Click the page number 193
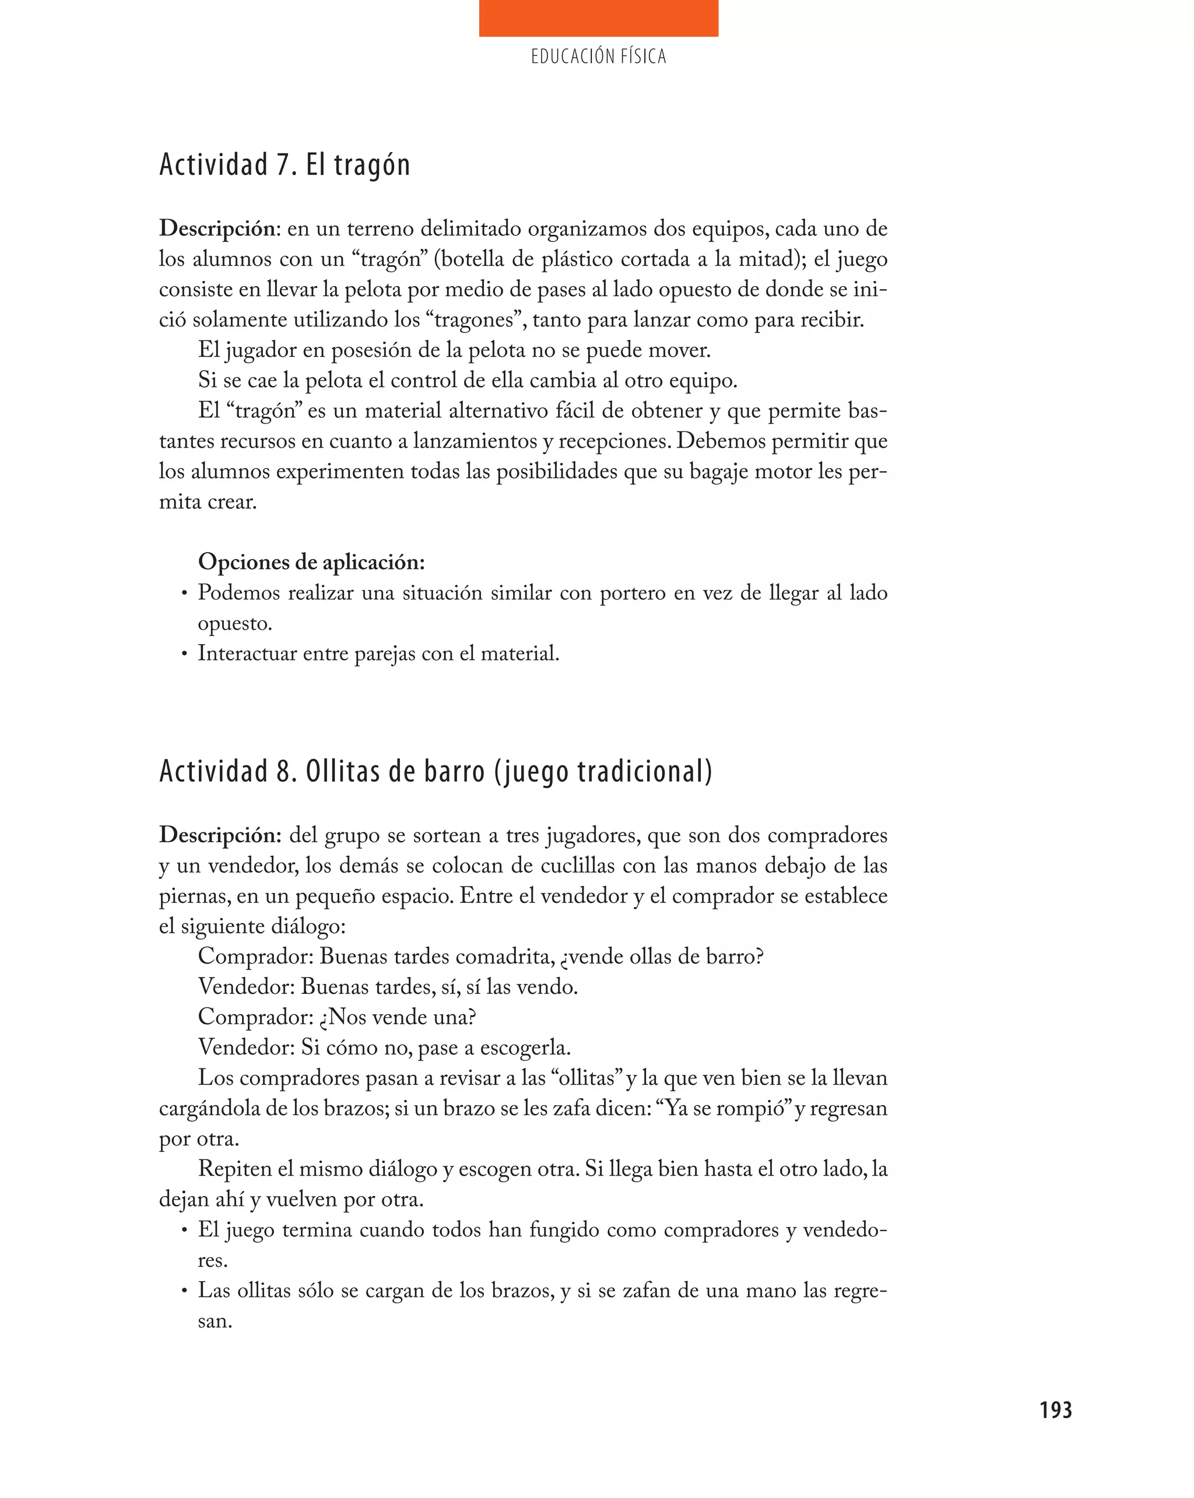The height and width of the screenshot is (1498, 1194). click(1055, 1410)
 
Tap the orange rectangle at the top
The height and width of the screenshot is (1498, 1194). click(598, 18)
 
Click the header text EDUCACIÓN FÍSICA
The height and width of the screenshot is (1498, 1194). click(598, 57)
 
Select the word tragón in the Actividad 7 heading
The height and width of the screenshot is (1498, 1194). click(372, 166)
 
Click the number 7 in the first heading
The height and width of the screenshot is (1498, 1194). click(282, 166)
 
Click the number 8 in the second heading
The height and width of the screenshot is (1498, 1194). click(283, 772)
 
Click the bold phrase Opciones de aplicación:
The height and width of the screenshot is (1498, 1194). click(311, 561)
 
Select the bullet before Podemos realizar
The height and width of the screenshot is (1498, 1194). click(184, 594)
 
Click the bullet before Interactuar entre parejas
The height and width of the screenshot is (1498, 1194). click(184, 655)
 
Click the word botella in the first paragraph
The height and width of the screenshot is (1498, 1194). click(473, 259)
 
